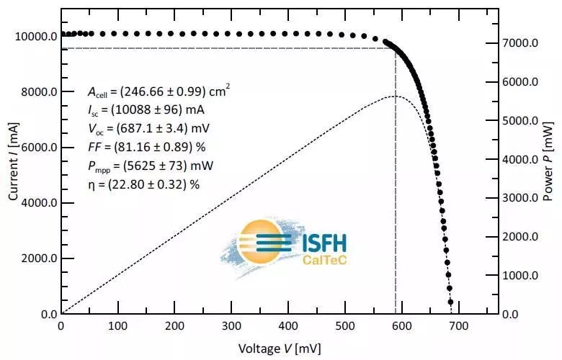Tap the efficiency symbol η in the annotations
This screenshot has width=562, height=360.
click(x=90, y=184)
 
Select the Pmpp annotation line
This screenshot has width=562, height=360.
click(x=151, y=165)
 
